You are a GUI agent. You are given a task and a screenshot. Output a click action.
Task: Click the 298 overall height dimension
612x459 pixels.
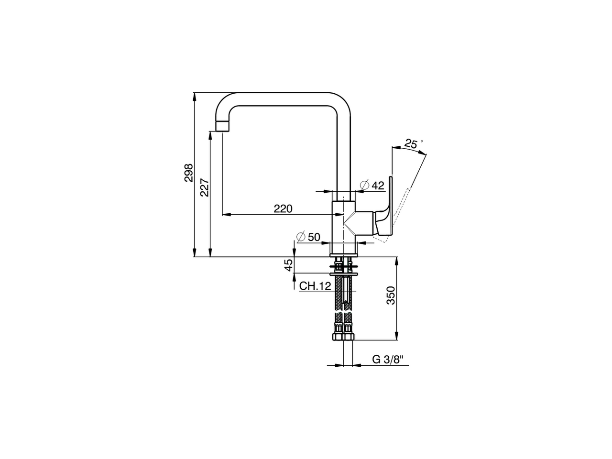tap(188, 173)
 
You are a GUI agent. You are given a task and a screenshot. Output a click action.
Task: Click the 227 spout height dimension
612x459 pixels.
tap(204, 187)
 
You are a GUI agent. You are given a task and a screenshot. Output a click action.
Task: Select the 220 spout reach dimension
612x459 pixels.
tap(283, 208)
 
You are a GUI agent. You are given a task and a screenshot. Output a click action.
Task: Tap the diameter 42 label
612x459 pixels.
tap(372, 186)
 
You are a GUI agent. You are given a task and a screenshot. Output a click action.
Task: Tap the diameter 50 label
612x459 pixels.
tap(308, 237)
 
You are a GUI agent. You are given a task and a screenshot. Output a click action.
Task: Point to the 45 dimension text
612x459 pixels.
tap(288, 265)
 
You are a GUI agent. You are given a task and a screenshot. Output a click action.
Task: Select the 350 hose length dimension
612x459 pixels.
tap(390, 296)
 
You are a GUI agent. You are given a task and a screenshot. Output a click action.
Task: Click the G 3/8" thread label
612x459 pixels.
tap(388, 360)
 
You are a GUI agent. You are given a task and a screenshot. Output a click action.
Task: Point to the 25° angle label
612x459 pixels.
tap(413, 142)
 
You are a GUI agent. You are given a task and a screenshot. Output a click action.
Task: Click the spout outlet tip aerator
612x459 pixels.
tap(223, 126)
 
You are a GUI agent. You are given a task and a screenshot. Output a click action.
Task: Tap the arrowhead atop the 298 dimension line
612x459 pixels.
tap(195, 96)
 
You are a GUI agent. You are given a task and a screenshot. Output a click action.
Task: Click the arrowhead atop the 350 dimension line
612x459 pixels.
tap(396, 261)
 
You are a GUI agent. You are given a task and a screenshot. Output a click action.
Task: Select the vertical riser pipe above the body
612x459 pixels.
tap(344, 153)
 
